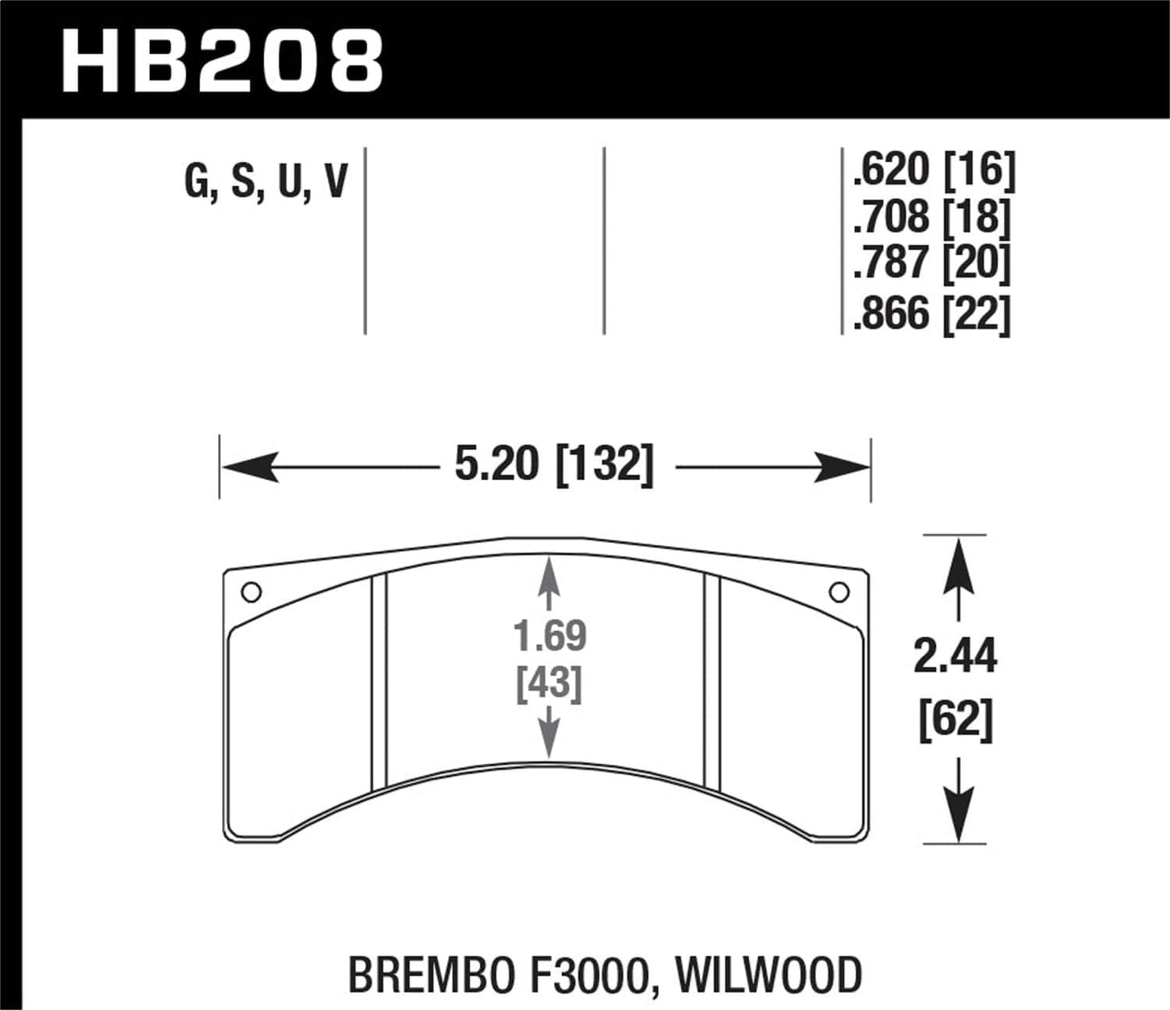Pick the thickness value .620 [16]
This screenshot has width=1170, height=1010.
933,170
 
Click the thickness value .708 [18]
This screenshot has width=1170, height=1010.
933,217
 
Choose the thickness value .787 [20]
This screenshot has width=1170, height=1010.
933,264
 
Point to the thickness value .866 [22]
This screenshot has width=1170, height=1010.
933,313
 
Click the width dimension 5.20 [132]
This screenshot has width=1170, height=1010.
554,466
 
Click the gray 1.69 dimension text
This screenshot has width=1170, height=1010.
550,636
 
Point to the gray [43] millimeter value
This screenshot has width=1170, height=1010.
550,685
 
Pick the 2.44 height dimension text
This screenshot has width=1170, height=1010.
955,656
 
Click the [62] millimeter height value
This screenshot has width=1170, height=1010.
955,719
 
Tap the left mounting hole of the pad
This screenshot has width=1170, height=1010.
251,592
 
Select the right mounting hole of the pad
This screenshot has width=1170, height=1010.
839,592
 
